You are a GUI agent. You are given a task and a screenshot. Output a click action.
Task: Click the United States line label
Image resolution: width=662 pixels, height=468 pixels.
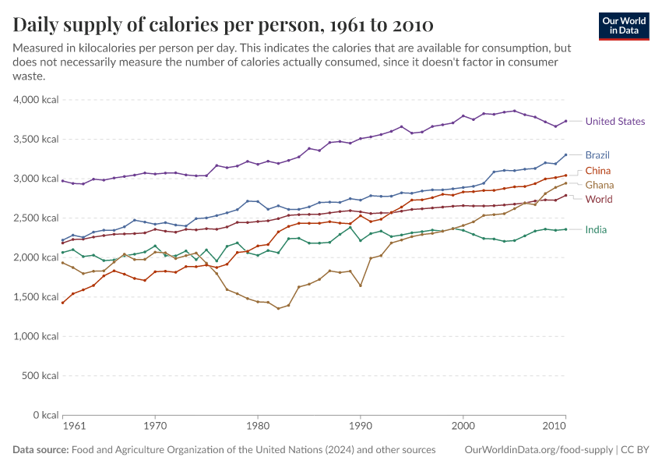(614, 121)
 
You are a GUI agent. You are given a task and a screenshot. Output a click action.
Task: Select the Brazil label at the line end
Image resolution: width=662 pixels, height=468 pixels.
(597, 154)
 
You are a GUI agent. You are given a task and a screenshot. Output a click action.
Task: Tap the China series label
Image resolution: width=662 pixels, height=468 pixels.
(597, 171)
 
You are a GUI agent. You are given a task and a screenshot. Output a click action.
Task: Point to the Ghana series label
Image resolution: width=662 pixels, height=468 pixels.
(599, 185)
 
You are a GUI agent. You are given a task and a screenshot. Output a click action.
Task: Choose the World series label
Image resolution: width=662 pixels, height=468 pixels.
(598, 199)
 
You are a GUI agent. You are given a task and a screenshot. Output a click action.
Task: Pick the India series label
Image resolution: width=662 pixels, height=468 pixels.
(596, 229)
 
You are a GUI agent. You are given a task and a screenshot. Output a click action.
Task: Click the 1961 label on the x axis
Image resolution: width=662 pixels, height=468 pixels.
(73, 427)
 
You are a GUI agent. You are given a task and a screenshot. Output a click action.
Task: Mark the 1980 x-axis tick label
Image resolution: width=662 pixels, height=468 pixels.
(258, 427)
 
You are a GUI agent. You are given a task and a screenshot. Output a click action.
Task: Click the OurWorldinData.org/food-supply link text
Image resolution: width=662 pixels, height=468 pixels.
(537, 450)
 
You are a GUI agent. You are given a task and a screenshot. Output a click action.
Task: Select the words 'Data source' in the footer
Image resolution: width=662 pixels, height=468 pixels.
(40, 450)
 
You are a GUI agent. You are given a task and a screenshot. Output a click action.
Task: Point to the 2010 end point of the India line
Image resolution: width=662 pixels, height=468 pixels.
(565, 229)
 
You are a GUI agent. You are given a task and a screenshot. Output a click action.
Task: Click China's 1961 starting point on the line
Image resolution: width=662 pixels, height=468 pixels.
(63, 303)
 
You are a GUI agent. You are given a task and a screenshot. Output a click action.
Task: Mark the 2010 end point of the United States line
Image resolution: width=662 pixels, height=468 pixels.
(565, 121)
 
